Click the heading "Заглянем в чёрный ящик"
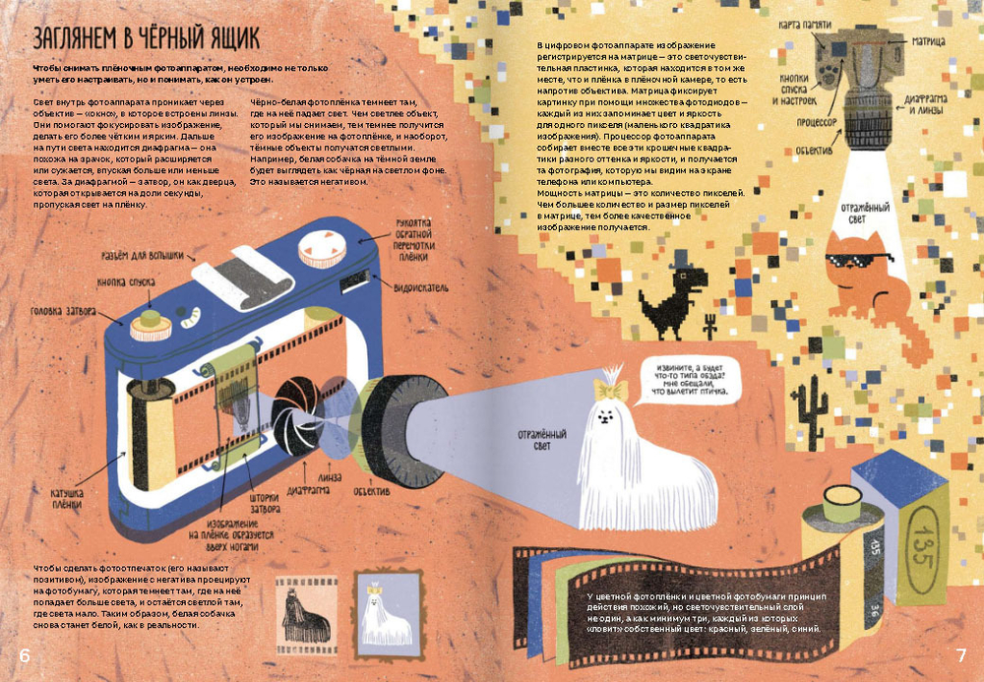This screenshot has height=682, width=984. [x=146, y=39]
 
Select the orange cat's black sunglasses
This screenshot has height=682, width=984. [x=858, y=261]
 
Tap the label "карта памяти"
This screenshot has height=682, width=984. [x=806, y=24]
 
